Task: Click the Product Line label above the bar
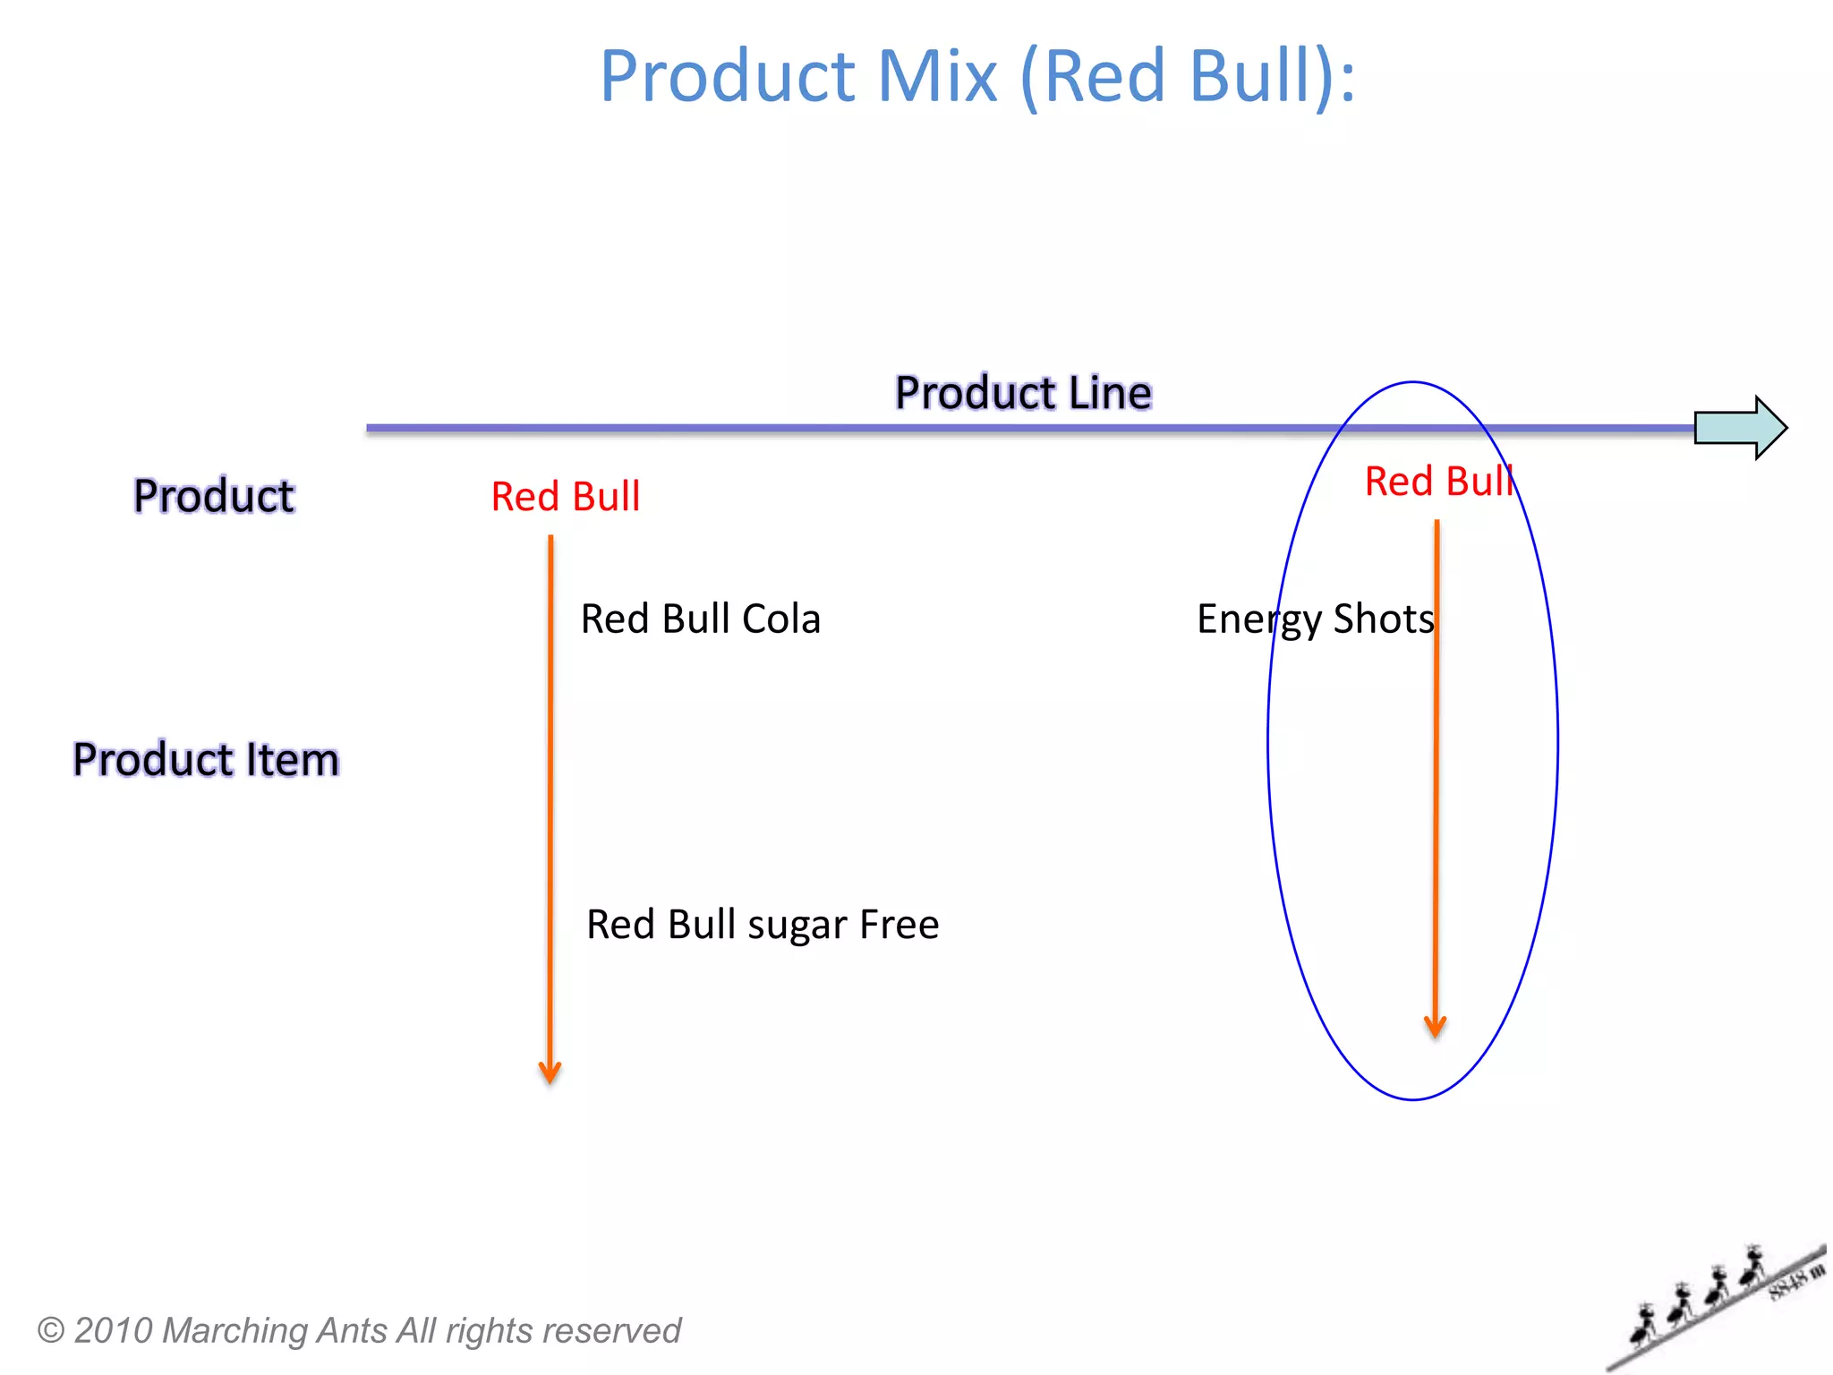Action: tap(1023, 393)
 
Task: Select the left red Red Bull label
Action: tap(566, 497)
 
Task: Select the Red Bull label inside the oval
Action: tap(1438, 482)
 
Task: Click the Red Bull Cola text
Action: tap(700, 619)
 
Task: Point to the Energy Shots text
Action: tap(1315, 619)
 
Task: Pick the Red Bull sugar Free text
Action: tap(763, 925)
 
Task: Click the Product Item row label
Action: tap(206, 760)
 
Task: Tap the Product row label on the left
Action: tap(214, 496)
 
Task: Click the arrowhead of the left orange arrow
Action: tap(550, 1072)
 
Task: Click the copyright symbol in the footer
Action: tap(51, 1330)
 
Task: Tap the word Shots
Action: tap(1384, 619)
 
